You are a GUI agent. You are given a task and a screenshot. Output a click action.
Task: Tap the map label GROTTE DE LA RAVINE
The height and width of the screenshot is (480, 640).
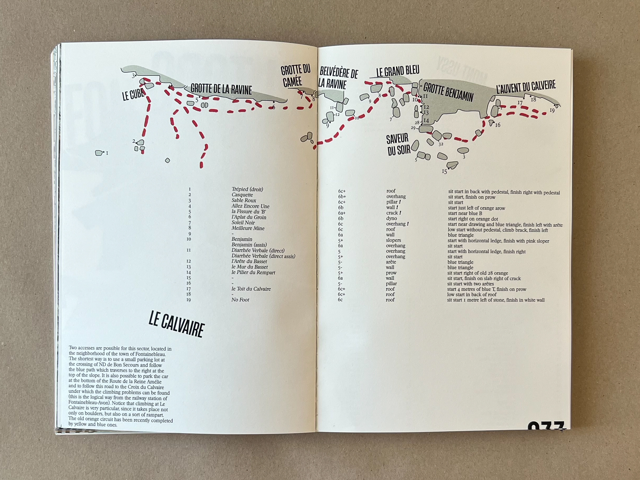coord(221,89)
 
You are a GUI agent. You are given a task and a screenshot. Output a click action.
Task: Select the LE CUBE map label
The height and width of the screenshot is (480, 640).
coord(133,94)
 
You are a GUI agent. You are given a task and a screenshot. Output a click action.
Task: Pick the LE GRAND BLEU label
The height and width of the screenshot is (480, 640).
coord(398,71)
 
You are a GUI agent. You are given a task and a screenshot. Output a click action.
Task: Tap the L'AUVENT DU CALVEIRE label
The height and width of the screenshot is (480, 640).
coord(526,86)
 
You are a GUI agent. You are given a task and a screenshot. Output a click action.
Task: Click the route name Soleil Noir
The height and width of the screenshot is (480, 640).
coord(243,222)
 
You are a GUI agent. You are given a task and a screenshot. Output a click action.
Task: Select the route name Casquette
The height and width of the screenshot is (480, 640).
coord(242,195)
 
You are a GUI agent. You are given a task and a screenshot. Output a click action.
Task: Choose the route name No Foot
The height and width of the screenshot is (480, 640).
coord(240,300)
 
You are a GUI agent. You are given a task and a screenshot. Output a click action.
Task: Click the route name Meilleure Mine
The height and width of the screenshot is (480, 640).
coord(248,228)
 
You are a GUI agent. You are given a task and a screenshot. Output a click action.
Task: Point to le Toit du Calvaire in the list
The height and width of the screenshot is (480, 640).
coord(251,289)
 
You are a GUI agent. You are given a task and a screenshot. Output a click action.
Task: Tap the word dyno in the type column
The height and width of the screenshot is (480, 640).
coord(392,218)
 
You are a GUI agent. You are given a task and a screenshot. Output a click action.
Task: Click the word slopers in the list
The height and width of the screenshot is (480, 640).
coord(393,240)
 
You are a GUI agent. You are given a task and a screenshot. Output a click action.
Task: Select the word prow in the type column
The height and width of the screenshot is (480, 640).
coord(391,273)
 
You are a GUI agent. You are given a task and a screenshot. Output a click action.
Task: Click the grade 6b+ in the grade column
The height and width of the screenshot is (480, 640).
coord(342,197)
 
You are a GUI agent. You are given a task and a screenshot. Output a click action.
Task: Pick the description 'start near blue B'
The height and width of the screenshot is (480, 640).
coord(465,213)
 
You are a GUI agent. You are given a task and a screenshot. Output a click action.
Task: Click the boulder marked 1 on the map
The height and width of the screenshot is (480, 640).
coord(99,153)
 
